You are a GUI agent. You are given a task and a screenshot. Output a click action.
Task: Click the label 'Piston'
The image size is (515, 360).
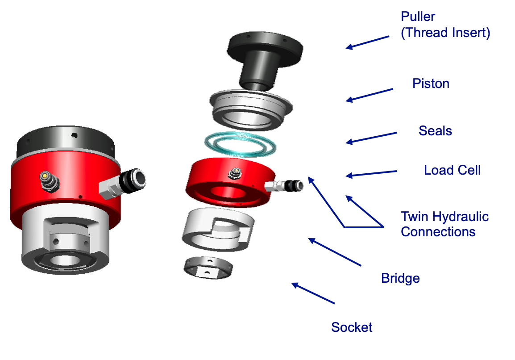431,84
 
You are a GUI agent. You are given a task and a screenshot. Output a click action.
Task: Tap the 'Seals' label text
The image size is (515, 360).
435,131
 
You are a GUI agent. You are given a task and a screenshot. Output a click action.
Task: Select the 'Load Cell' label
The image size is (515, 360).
452,170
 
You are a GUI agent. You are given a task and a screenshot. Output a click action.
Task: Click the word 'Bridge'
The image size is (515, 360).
400,278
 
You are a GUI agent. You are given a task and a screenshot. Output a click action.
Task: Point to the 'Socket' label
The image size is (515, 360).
352,327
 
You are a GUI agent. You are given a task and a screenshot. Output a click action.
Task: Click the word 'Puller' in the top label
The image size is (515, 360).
418,17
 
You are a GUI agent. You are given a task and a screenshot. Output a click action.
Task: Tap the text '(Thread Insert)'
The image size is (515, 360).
445,33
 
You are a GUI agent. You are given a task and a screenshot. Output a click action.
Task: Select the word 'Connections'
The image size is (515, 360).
438,232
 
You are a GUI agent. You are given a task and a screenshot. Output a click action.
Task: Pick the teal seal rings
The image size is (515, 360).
240,144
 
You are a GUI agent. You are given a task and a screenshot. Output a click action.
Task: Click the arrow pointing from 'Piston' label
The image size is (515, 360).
370,94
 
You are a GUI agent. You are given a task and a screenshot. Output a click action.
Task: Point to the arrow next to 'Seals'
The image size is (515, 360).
371,137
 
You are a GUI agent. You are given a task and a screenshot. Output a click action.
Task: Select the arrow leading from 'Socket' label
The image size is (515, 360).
313,293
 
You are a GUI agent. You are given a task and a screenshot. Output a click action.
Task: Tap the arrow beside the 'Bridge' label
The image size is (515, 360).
335,252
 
